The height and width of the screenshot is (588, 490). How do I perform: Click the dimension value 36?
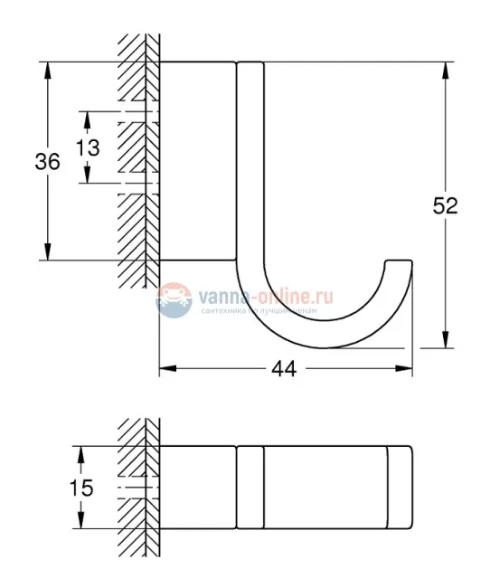click(x=47, y=162)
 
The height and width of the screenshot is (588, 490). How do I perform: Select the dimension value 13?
click(x=88, y=147)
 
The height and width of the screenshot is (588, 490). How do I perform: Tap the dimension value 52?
click(x=445, y=205)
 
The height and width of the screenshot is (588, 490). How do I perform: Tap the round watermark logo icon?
click(x=174, y=300)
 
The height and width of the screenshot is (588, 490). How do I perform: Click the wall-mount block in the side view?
click(x=198, y=161)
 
